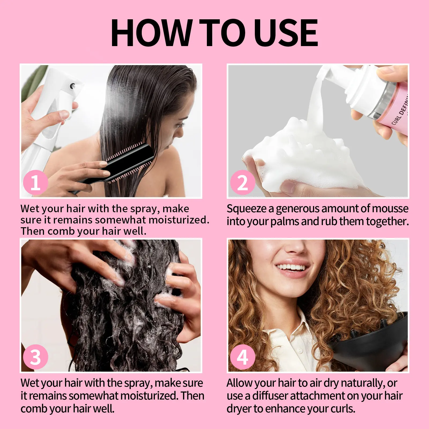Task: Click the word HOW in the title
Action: (x=151, y=33)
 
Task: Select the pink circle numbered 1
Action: (x=35, y=182)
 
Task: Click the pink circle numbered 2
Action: (x=243, y=182)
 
